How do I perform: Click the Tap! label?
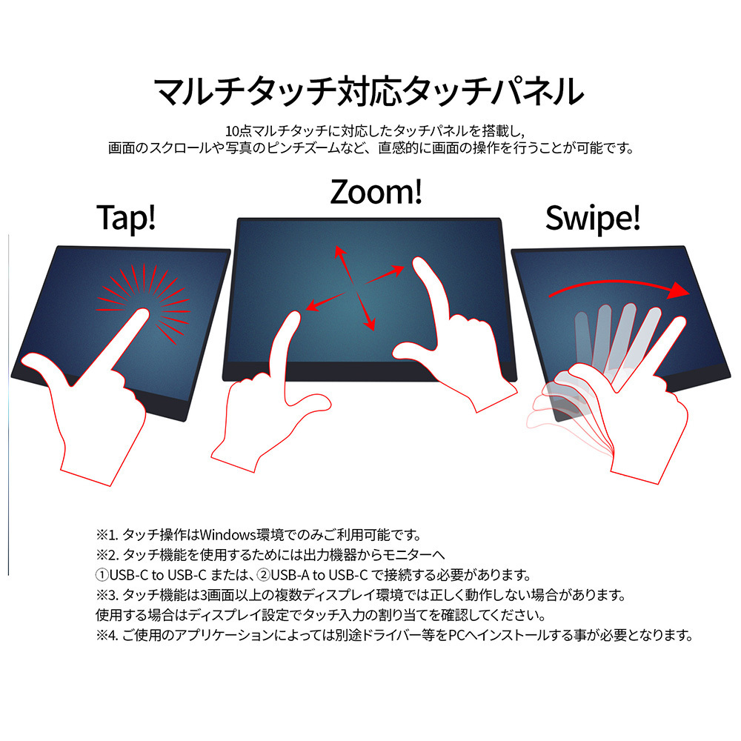126,218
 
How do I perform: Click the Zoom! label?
376,192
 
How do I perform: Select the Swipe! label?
593,218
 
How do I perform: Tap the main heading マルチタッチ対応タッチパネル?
369,90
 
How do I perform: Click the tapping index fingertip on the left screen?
143,313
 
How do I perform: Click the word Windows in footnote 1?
227,535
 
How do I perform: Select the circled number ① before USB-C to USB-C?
102,575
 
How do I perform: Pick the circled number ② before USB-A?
263,575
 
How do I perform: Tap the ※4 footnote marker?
107,635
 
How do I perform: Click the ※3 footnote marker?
107,595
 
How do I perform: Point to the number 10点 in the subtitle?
239,131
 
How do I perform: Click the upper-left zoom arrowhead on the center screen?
339,251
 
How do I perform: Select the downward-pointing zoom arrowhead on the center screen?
370,325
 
